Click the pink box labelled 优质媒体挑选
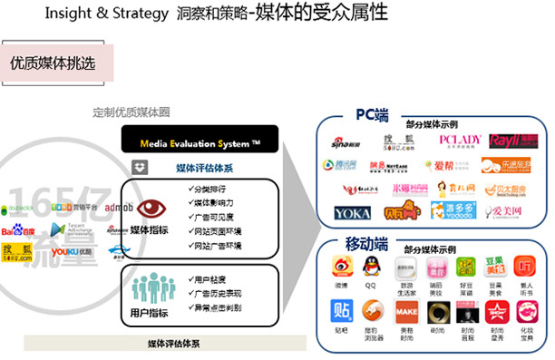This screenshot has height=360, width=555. [57, 63]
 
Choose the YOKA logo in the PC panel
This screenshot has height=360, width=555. [352, 214]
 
